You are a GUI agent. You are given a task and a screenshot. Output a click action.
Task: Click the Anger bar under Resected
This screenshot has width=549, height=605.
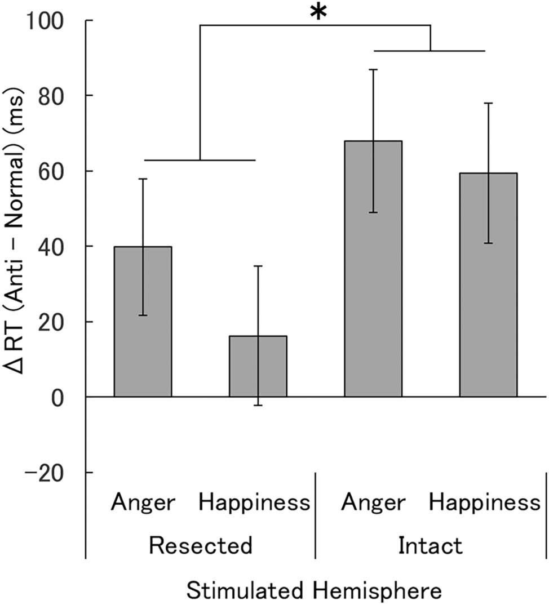[143, 322]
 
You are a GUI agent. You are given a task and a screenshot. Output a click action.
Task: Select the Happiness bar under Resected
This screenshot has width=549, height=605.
[258, 367]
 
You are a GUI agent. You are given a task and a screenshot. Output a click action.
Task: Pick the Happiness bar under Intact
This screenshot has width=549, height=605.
[488, 285]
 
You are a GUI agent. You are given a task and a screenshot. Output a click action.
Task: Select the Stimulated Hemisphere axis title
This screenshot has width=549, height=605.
[313, 591]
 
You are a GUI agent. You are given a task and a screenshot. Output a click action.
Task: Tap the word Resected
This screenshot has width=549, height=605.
[200, 545]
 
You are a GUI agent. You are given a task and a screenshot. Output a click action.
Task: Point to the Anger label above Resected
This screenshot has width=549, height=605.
[143, 502]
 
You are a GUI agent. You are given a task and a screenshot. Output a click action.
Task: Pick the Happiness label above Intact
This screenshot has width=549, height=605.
[485, 502]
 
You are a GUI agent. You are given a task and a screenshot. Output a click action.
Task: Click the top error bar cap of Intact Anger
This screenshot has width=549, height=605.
[373, 69]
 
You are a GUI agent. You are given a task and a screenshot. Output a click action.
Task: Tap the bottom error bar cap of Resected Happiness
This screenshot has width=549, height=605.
[258, 405]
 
